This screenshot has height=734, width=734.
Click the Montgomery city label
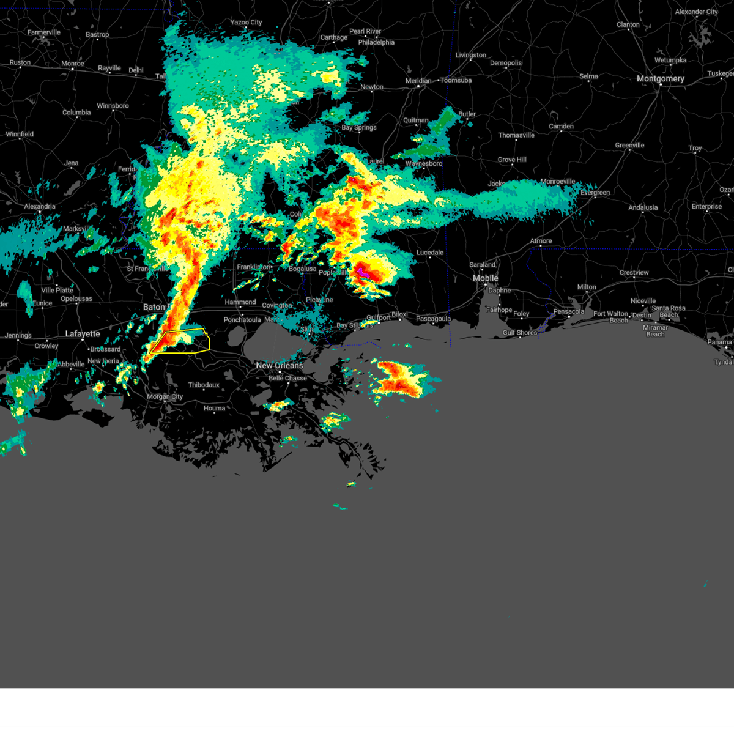[x=660, y=79]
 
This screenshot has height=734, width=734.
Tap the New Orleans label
[x=279, y=366]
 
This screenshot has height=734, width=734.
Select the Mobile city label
[x=485, y=278]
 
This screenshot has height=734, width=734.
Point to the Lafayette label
[x=83, y=334]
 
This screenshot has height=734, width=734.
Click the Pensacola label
[x=568, y=312]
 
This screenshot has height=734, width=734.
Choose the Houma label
[x=214, y=409]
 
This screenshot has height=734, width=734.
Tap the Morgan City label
[x=165, y=397]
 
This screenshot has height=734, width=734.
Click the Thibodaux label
[x=203, y=385]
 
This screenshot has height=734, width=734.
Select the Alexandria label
[x=40, y=207]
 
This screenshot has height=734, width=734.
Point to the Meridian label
[x=418, y=81]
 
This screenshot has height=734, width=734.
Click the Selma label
[x=588, y=77]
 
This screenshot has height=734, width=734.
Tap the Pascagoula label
[x=433, y=319]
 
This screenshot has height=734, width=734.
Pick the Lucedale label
[x=430, y=253]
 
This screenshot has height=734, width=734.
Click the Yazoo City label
[x=246, y=23]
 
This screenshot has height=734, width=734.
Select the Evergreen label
[x=595, y=193]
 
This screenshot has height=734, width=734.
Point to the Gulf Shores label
[x=519, y=333]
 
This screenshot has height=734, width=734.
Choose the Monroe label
[x=73, y=64]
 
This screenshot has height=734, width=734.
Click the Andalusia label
[x=643, y=208]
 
